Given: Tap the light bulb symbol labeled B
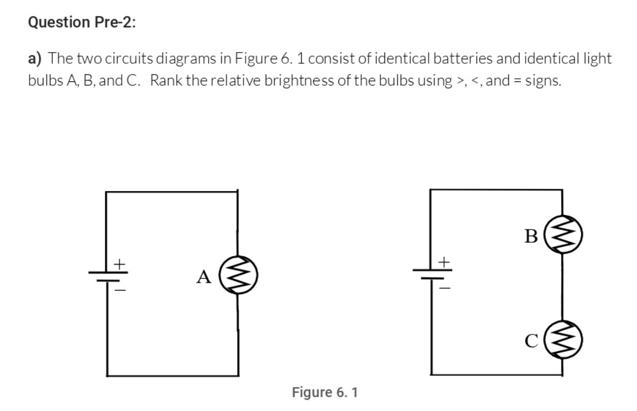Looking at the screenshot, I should pyautogui.click(x=563, y=235).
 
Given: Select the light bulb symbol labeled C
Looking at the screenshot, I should pyautogui.click(x=563, y=340).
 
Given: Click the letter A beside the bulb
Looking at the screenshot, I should pyautogui.click(x=204, y=277).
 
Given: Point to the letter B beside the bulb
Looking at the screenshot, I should pyautogui.click(x=531, y=236).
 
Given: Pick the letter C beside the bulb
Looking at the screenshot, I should pyautogui.click(x=531, y=341).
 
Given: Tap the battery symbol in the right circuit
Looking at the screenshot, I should pyautogui.click(x=431, y=274).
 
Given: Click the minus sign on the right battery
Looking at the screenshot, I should pyautogui.click(x=445, y=288).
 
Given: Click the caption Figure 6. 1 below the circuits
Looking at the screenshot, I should pyautogui.click(x=325, y=392).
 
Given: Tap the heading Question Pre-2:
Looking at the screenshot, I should pyautogui.click(x=82, y=22).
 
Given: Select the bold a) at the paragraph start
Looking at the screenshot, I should pyautogui.click(x=35, y=58).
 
